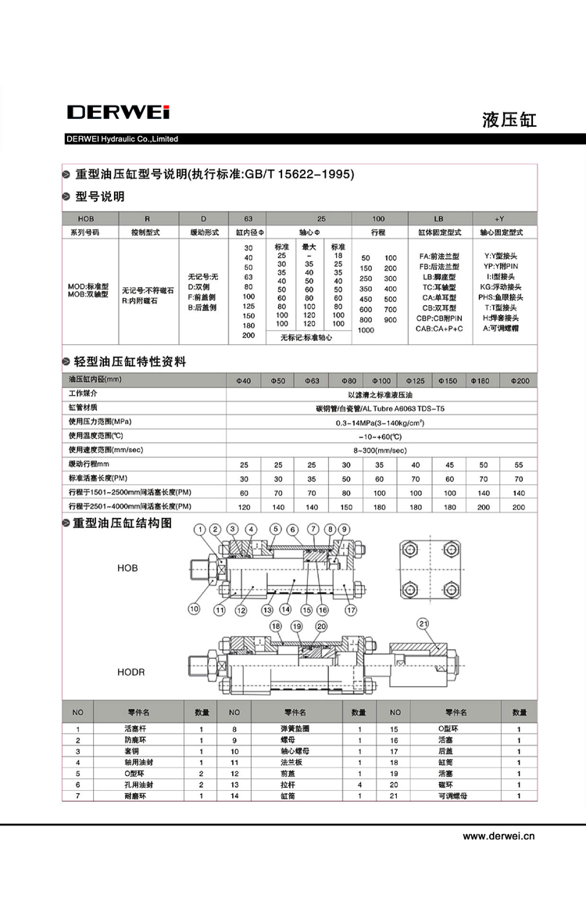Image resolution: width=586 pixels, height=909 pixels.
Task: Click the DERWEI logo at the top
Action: pos(118,113)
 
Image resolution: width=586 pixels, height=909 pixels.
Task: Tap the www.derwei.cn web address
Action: pos(498,835)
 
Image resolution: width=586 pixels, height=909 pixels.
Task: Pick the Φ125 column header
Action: pos(415,380)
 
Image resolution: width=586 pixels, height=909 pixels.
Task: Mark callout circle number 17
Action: pos(351,609)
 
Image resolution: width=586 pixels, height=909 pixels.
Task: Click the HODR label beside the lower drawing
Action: pos(130,672)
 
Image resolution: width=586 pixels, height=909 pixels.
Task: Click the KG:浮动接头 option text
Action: pos(502,287)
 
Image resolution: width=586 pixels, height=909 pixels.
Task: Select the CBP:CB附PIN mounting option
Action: pos(439,318)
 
